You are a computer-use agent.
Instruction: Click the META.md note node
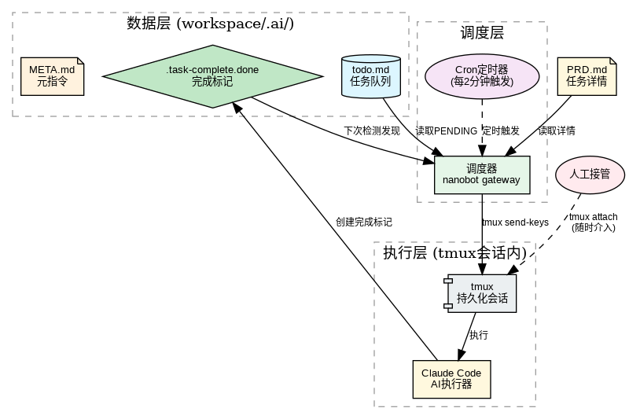click(x=52, y=75)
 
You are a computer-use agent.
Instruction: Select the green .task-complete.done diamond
click(x=212, y=75)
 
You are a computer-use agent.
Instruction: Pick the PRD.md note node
click(x=587, y=75)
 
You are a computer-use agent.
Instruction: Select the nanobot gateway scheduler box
click(x=481, y=174)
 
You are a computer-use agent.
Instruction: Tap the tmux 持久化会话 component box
click(x=481, y=292)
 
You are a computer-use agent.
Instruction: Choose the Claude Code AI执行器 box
click(x=451, y=378)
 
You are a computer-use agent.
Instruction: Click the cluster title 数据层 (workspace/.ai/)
click(x=210, y=23)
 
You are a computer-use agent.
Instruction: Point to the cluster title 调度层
click(x=481, y=32)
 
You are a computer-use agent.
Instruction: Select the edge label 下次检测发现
click(x=372, y=130)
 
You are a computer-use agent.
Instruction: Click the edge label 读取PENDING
click(x=446, y=130)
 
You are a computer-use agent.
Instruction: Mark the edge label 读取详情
click(x=556, y=130)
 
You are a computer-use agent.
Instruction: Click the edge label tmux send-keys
click(x=515, y=222)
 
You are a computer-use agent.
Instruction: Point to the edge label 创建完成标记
click(x=363, y=222)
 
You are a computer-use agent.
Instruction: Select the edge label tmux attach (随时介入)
click(x=593, y=222)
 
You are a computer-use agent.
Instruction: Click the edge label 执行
click(x=478, y=335)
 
